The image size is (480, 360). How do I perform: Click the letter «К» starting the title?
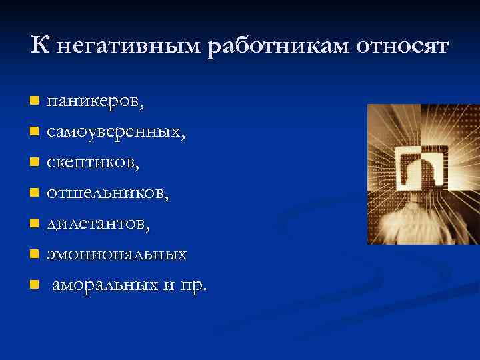[x=39, y=46]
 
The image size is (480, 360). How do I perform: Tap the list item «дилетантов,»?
[x=98, y=224]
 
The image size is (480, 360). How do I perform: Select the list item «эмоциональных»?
[x=116, y=255]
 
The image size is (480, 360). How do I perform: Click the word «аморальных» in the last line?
[x=104, y=285]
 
